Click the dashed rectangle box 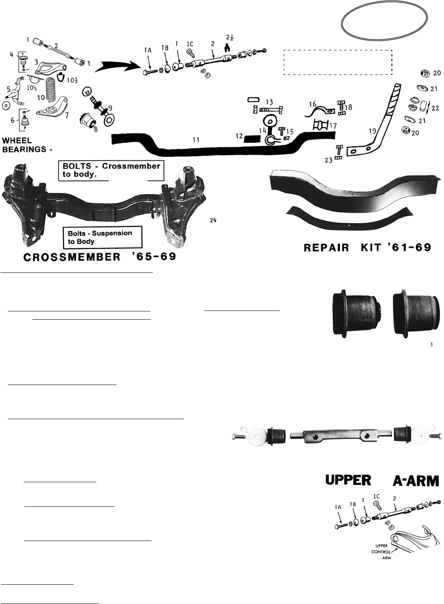point(338,62)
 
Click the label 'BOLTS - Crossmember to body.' point(111,170)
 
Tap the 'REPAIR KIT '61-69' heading point(368,247)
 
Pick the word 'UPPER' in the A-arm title point(349,480)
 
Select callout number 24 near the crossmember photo point(213,220)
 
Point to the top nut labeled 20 point(424,73)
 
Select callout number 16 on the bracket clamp point(312,104)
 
